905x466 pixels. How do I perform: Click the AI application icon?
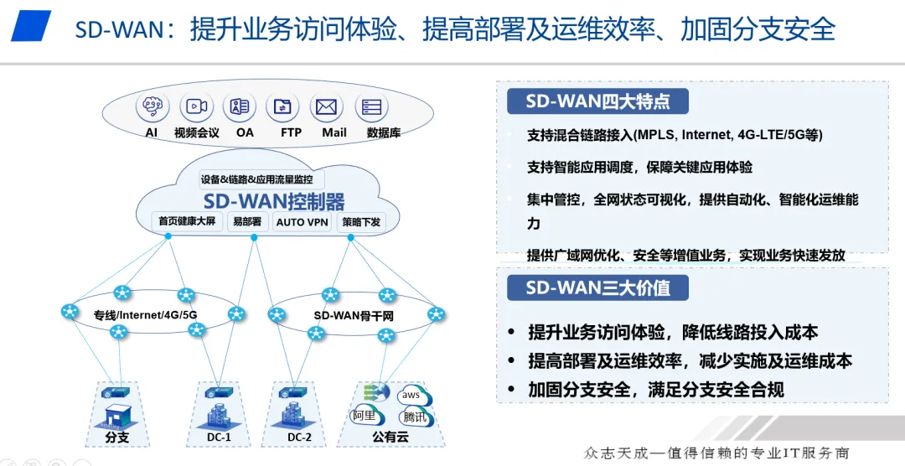(x=152, y=107)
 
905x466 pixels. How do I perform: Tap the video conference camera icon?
(x=196, y=107)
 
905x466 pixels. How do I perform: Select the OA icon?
(x=240, y=107)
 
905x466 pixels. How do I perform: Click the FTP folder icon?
(x=283, y=107)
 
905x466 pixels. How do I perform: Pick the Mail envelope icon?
(x=327, y=107)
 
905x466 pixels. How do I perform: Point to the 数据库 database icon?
(x=372, y=107)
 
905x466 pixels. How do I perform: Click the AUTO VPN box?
(x=302, y=222)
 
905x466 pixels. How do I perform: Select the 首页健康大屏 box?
(x=186, y=222)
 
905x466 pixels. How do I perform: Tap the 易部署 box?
(x=248, y=222)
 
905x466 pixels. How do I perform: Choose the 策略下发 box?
(x=360, y=222)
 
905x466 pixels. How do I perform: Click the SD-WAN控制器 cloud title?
(x=274, y=201)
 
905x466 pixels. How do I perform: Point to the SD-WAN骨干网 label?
(x=353, y=315)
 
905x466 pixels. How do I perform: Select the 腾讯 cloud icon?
(x=414, y=417)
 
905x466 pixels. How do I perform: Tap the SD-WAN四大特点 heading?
(x=597, y=102)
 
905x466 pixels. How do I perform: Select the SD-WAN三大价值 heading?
(x=597, y=288)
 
